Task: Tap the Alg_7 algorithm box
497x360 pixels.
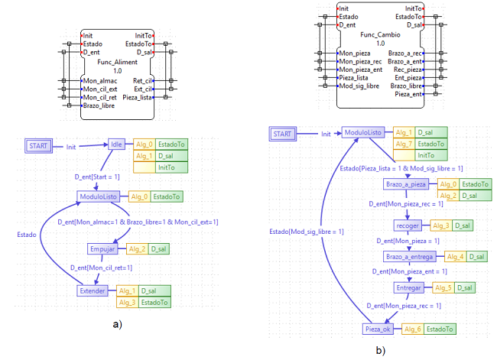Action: point(403,143)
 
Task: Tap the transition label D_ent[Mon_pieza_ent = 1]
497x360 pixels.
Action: point(405,271)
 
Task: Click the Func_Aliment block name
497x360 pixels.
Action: point(118,61)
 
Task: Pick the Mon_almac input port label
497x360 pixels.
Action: point(102,79)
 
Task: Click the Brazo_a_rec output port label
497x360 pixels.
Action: point(406,53)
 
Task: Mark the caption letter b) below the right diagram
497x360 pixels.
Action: point(380,351)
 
